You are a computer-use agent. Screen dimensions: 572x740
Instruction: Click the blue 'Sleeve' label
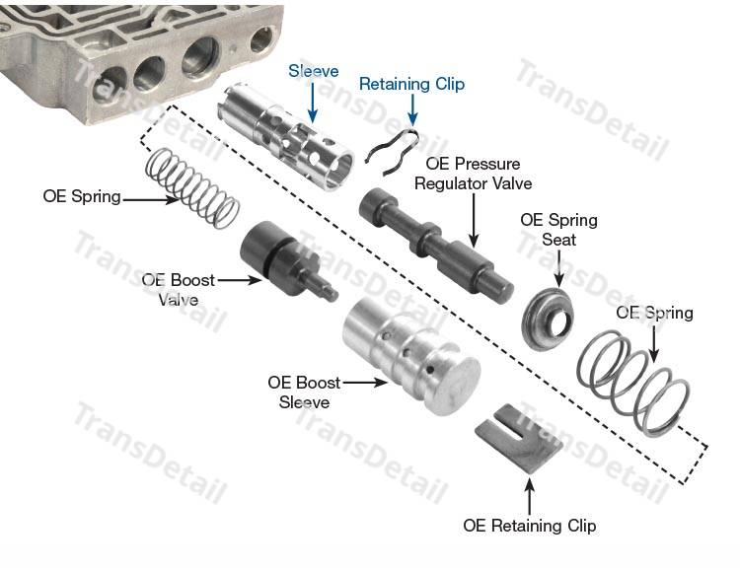(x=313, y=71)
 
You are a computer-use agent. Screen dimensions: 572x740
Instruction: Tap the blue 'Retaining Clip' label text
(x=410, y=84)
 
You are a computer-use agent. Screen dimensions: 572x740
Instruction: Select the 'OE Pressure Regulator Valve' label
(x=473, y=174)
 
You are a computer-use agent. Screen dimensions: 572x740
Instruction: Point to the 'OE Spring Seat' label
(x=558, y=230)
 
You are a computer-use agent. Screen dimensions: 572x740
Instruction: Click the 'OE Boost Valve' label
(x=179, y=289)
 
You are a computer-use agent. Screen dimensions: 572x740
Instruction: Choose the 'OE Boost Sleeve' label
(x=303, y=392)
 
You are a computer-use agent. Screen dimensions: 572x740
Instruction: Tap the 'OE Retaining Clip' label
(x=530, y=525)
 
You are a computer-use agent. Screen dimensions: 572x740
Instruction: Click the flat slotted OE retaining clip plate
(x=519, y=437)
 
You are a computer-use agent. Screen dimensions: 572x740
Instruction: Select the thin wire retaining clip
(x=392, y=149)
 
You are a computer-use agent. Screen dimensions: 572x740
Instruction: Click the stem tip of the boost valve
(x=333, y=294)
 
